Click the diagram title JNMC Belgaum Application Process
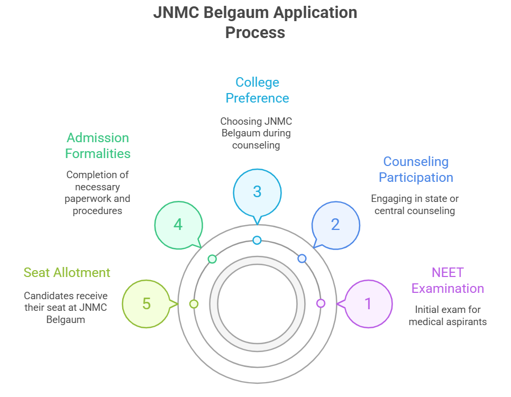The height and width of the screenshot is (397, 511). tap(255, 22)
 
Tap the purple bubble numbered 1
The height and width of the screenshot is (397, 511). tap(368, 303)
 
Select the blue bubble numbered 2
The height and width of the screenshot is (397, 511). tap(335, 224)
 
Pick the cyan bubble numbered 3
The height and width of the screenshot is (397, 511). tap(257, 191)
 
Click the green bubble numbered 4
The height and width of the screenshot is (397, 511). tap(178, 224)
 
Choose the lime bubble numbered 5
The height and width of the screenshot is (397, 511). tap(147, 303)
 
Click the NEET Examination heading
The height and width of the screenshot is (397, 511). tap(448, 281)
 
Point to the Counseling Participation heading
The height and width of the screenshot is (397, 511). tap(416, 170)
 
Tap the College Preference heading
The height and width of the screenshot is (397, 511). tap(257, 90)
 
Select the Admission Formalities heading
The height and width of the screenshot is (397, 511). tap(98, 146)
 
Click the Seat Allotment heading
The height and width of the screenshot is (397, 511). tap(67, 273)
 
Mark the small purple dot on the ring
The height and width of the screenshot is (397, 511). tap(321, 303)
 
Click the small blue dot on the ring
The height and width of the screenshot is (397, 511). tap(302, 258)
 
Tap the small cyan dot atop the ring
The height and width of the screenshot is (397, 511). tap(257, 240)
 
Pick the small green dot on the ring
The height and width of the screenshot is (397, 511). tap(212, 259)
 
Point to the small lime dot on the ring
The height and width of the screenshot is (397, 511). tap(194, 304)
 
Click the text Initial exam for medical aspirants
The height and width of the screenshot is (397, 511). tap(448, 316)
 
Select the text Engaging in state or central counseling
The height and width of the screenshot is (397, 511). tap(415, 205)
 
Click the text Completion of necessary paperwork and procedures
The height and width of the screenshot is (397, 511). tap(97, 192)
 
